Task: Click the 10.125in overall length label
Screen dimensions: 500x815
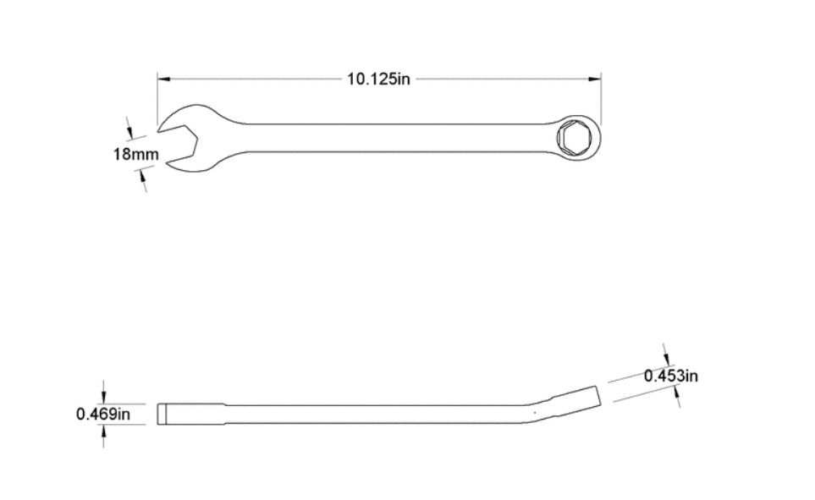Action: click(x=378, y=79)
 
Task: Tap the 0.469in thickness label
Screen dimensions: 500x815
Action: click(x=103, y=414)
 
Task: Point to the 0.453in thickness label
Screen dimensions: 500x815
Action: click(x=670, y=376)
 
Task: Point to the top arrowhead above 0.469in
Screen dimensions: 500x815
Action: click(x=104, y=398)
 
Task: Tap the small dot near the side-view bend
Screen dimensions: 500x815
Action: click(x=535, y=412)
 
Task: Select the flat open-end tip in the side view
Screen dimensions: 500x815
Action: click(x=164, y=414)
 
